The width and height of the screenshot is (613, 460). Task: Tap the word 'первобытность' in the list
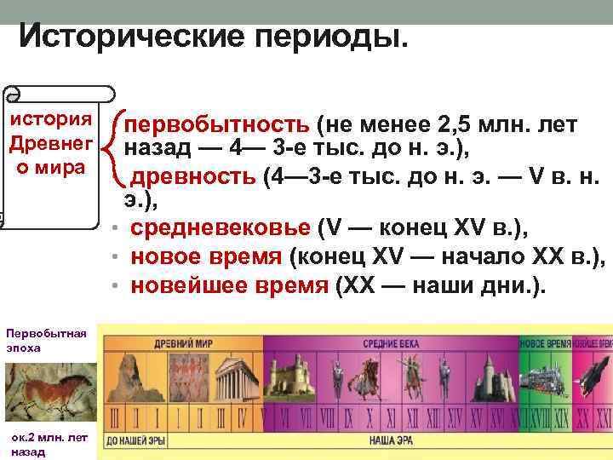217,127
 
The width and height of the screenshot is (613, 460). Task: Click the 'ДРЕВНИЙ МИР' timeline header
182,343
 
